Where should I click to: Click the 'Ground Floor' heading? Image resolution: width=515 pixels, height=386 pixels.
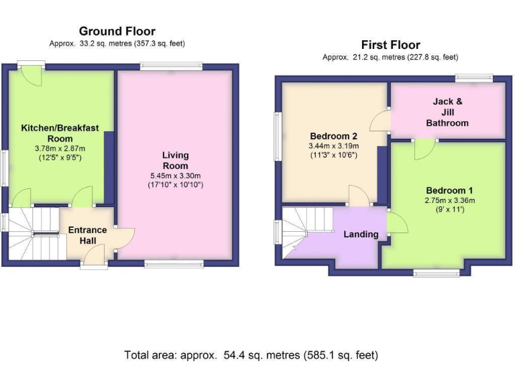coord(117,31)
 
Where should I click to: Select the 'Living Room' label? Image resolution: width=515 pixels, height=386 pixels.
coord(175,160)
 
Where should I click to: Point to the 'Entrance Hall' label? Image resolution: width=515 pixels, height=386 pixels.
coord(87,235)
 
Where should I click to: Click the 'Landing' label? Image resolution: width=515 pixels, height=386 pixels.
coord(361,235)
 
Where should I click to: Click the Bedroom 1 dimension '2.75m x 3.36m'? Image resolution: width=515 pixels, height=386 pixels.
coord(449,200)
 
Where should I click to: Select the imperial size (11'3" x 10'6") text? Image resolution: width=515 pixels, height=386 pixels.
coord(333,155)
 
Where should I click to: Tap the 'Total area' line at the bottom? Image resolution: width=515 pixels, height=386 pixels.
coord(251,355)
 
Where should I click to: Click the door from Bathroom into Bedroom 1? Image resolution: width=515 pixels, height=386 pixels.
coord(424,149)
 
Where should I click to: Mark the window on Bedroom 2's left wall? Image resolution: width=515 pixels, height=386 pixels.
coord(277,136)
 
